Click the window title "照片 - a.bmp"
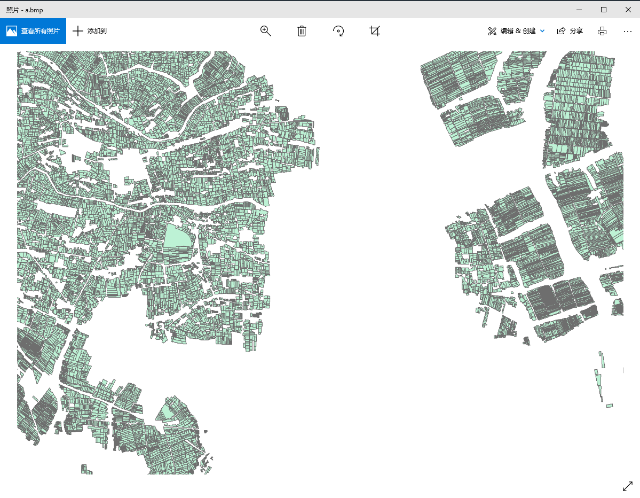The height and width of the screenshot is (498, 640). click(25, 10)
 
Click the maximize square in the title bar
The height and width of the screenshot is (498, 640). click(604, 10)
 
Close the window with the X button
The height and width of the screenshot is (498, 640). click(628, 10)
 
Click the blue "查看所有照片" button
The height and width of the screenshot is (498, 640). click(40, 31)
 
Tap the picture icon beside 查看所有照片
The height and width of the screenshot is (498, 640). click(12, 31)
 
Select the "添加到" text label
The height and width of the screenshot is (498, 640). click(97, 31)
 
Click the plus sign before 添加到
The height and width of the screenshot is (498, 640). click(78, 31)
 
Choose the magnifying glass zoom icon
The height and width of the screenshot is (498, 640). click(265, 31)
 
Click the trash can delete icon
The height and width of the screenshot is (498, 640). click(302, 31)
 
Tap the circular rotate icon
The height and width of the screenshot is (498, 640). click(338, 31)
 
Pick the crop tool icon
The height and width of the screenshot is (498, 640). click(375, 31)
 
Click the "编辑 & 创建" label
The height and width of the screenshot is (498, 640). click(518, 31)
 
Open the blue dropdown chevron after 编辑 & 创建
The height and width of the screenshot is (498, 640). click(542, 31)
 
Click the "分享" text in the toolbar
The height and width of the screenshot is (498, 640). click(576, 31)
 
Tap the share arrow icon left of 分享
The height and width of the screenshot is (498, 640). click(561, 31)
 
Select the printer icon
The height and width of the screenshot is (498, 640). click(602, 31)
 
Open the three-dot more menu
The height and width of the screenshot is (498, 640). click(628, 31)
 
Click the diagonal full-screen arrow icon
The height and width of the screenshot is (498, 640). click(628, 486)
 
